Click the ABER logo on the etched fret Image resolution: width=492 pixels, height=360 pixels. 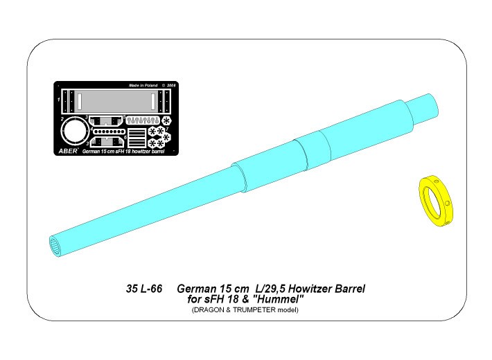tap(68, 151)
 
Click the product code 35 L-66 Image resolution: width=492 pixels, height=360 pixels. tap(144, 289)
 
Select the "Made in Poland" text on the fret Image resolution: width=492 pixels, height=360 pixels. tap(143, 85)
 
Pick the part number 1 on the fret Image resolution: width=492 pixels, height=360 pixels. tap(59, 100)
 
